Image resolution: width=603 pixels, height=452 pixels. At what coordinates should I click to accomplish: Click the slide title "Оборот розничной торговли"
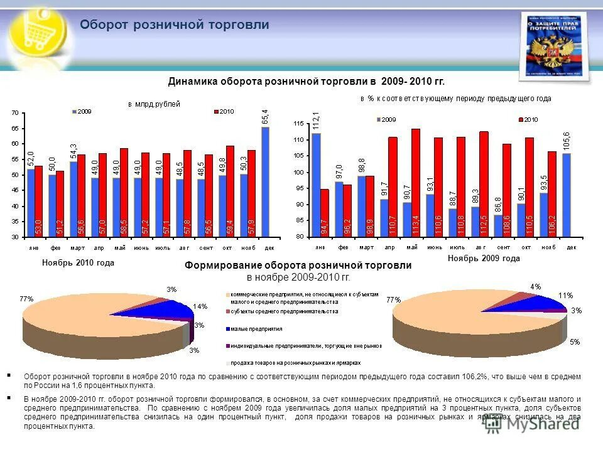[175, 25]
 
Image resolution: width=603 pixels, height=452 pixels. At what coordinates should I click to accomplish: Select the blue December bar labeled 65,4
[265, 182]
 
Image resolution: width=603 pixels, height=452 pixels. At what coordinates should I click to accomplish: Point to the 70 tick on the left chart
[14, 113]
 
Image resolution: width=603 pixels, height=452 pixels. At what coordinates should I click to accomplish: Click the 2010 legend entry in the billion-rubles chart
[224, 111]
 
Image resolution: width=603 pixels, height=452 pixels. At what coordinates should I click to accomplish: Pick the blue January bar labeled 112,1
[316, 185]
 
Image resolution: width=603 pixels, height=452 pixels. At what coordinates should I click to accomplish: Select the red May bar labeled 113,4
[416, 182]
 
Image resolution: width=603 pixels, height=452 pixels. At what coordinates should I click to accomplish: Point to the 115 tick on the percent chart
[298, 124]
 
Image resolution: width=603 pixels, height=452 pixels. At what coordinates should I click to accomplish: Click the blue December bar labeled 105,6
[566, 195]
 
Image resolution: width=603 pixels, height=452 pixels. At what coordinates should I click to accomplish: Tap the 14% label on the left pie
[200, 306]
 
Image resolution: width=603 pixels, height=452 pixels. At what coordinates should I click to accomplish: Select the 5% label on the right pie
[575, 342]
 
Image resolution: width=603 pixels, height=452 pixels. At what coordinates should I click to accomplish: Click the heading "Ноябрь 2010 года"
[78, 263]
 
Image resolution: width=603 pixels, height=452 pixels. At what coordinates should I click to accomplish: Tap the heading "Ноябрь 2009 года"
[484, 259]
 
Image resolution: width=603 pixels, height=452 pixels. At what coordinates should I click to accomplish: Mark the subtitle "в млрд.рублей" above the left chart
[154, 104]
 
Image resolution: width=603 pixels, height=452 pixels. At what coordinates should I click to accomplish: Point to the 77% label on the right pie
[393, 299]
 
